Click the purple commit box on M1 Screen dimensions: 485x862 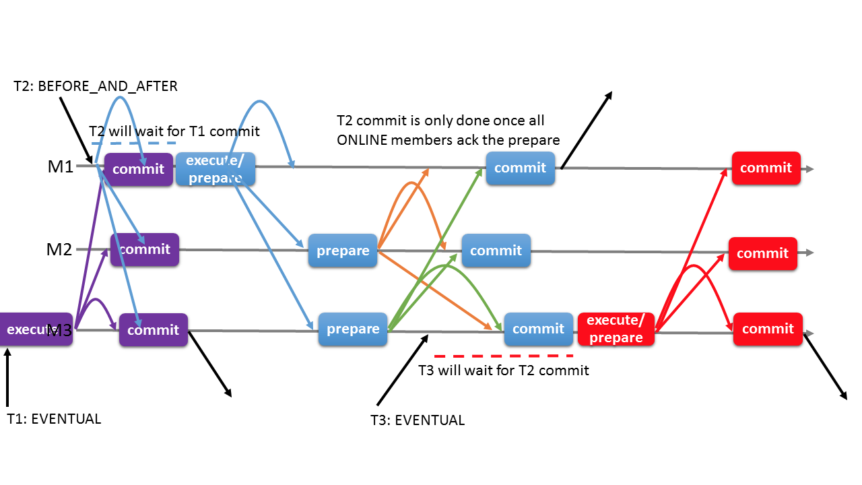[138, 169]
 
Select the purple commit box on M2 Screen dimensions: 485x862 [145, 250]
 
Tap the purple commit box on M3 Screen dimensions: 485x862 [154, 330]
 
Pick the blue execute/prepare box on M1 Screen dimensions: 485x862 [215, 169]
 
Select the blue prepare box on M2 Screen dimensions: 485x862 [343, 251]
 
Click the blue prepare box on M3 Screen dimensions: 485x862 [353, 329]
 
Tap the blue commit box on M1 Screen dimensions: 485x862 [520, 168]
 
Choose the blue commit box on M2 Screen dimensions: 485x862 [496, 251]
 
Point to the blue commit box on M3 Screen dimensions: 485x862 [538, 329]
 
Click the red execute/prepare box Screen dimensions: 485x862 [616, 329]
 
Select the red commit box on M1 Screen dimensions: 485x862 [766, 168]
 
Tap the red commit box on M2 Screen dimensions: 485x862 [762, 253]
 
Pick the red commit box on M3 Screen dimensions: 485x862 [768, 329]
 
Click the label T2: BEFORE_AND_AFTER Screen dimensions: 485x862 [96, 86]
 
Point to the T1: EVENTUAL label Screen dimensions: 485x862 [54, 418]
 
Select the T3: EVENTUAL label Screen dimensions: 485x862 [418, 420]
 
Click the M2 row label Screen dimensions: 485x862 [59, 250]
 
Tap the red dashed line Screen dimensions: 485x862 [504, 356]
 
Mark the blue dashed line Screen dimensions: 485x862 [133, 143]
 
